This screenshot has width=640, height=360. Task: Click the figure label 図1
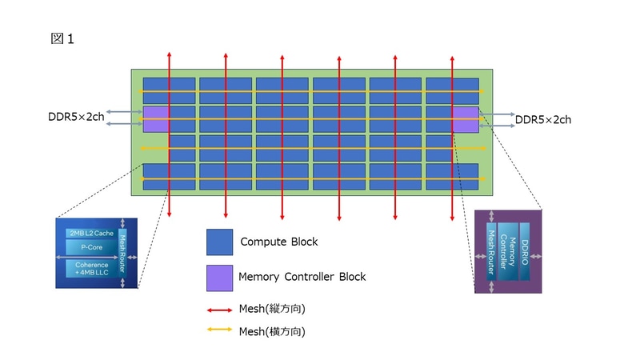coord(62,38)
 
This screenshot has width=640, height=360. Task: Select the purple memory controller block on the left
coord(155,118)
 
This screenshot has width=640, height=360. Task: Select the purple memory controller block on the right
coord(465,119)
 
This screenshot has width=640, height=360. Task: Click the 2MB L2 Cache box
coord(90,234)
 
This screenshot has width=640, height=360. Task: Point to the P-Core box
coord(90,248)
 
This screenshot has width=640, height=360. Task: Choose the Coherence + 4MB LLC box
coord(90,269)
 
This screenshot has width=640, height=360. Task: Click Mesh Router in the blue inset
coord(122,254)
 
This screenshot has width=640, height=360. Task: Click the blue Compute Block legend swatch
coord(219,242)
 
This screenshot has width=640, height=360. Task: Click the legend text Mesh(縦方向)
coord(272,309)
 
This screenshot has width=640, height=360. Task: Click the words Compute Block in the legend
coord(278,242)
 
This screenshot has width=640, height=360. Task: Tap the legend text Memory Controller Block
coord(302,277)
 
